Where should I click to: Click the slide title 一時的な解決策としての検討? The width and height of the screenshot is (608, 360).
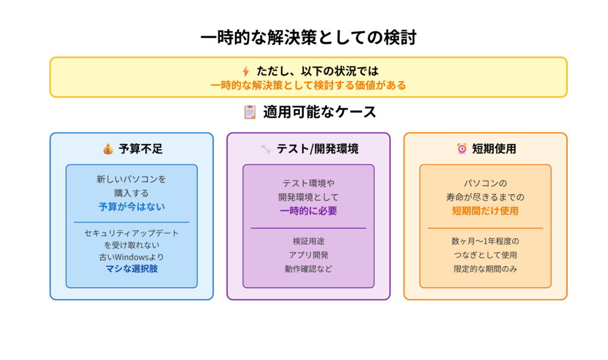[x=308, y=37]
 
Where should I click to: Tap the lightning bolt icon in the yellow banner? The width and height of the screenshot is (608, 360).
[x=245, y=71]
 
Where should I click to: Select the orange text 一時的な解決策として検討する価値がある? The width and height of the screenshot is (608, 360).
[x=308, y=85]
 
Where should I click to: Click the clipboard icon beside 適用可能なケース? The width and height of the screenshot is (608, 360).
[x=250, y=112]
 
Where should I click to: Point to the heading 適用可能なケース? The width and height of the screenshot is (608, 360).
[x=319, y=112]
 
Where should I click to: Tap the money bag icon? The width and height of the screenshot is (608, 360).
[x=107, y=149]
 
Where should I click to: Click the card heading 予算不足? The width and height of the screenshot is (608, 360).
[x=140, y=149]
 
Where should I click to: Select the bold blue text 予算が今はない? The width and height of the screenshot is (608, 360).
[x=131, y=207]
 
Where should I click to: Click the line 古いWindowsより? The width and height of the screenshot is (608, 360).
[x=131, y=257]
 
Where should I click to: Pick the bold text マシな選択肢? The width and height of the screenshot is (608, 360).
[x=131, y=269]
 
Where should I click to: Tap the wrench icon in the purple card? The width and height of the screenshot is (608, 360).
[x=265, y=149]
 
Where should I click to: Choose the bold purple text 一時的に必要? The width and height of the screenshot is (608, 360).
[x=308, y=211]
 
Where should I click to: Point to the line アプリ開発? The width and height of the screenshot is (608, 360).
[x=308, y=255]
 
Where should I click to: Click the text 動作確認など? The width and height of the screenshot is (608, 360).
[x=308, y=269]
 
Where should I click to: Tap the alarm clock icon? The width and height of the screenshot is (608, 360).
[x=461, y=149]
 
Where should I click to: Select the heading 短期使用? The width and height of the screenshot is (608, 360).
[x=494, y=149]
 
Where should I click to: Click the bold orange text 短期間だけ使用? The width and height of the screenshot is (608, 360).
[x=485, y=211]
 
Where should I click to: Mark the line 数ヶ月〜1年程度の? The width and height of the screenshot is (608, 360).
[x=485, y=241]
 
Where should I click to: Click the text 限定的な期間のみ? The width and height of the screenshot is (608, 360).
[x=485, y=269]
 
